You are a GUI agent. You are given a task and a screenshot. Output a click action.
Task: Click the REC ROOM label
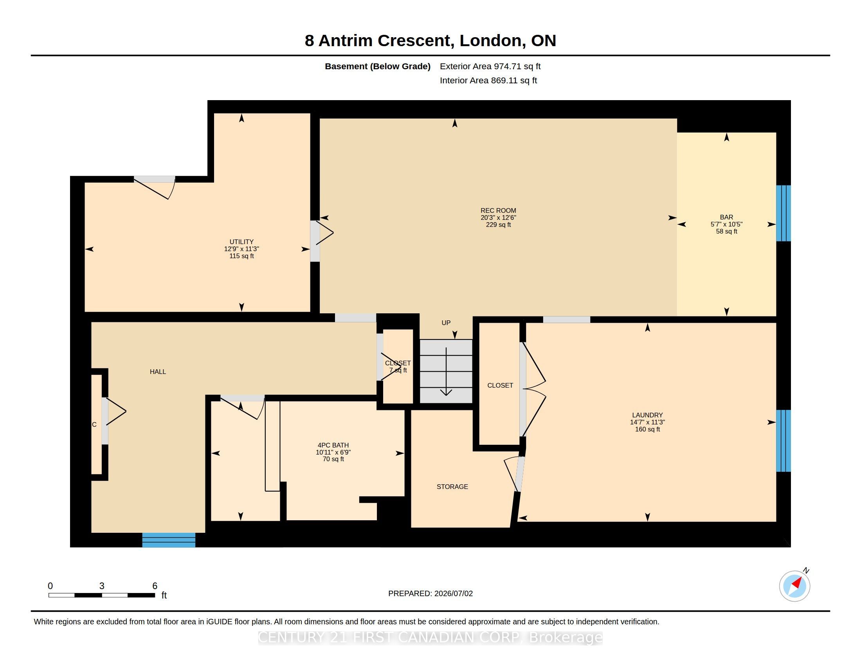pyautogui.click(x=498, y=211)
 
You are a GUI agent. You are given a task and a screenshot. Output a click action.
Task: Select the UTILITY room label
pyautogui.click(x=241, y=242)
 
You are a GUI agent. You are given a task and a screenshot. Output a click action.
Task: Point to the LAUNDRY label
pyautogui.click(x=647, y=415)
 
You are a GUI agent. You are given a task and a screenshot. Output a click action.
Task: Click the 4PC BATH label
pyautogui.click(x=333, y=446)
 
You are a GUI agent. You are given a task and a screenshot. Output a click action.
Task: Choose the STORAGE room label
pyautogui.click(x=452, y=487)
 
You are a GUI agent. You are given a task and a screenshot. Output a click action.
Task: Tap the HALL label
pyautogui.click(x=158, y=372)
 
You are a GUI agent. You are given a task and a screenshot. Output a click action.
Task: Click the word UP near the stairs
pyautogui.click(x=446, y=323)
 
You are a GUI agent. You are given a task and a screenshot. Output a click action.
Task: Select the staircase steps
pyautogui.click(x=446, y=372)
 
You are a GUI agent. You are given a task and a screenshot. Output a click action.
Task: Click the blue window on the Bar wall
pyautogui.click(x=784, y=213)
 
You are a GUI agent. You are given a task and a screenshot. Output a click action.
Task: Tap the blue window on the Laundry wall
pyautogui.click(x=784, y=441)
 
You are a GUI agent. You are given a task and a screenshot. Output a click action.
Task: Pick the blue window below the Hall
pyautogui.click(x=169, y=540)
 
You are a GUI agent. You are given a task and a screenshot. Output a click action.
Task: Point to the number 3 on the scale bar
pyautogui.click(x=102, y=586)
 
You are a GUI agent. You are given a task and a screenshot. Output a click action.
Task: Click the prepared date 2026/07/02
pyautogui.click(x=453, y=594)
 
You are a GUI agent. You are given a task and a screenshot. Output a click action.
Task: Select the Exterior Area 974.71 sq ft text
pyautogui.click(x=490, y=66)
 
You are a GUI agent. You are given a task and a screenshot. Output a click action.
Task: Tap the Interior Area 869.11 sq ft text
pyautogui.click(x=488, y=81)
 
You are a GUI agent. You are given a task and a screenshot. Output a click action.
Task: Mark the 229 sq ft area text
pyautogui.click(x=498, y=225)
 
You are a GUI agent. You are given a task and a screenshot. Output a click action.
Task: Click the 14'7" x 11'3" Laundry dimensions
pyautogui.click(x=647, y=422)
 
